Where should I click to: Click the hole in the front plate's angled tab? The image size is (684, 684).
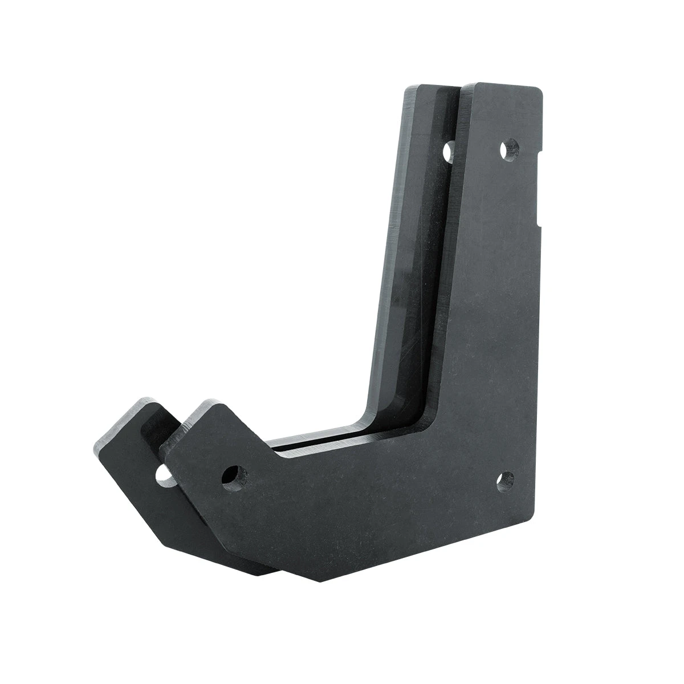coord(231,475)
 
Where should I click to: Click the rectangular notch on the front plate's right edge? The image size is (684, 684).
coord(541,183)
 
